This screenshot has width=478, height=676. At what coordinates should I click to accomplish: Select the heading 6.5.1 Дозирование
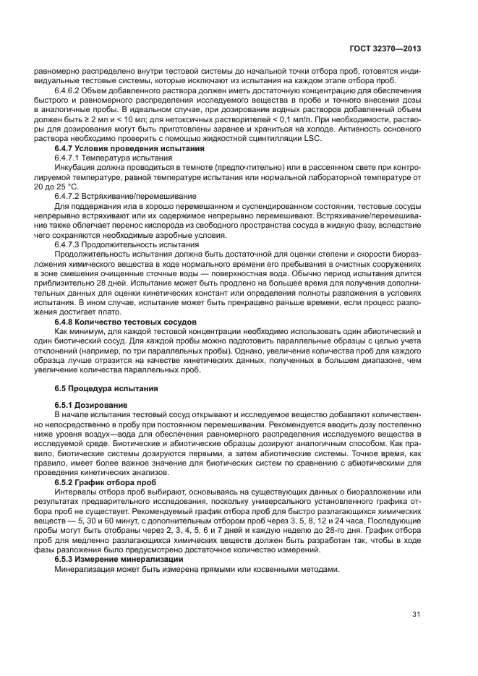click(x=90, y=405)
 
